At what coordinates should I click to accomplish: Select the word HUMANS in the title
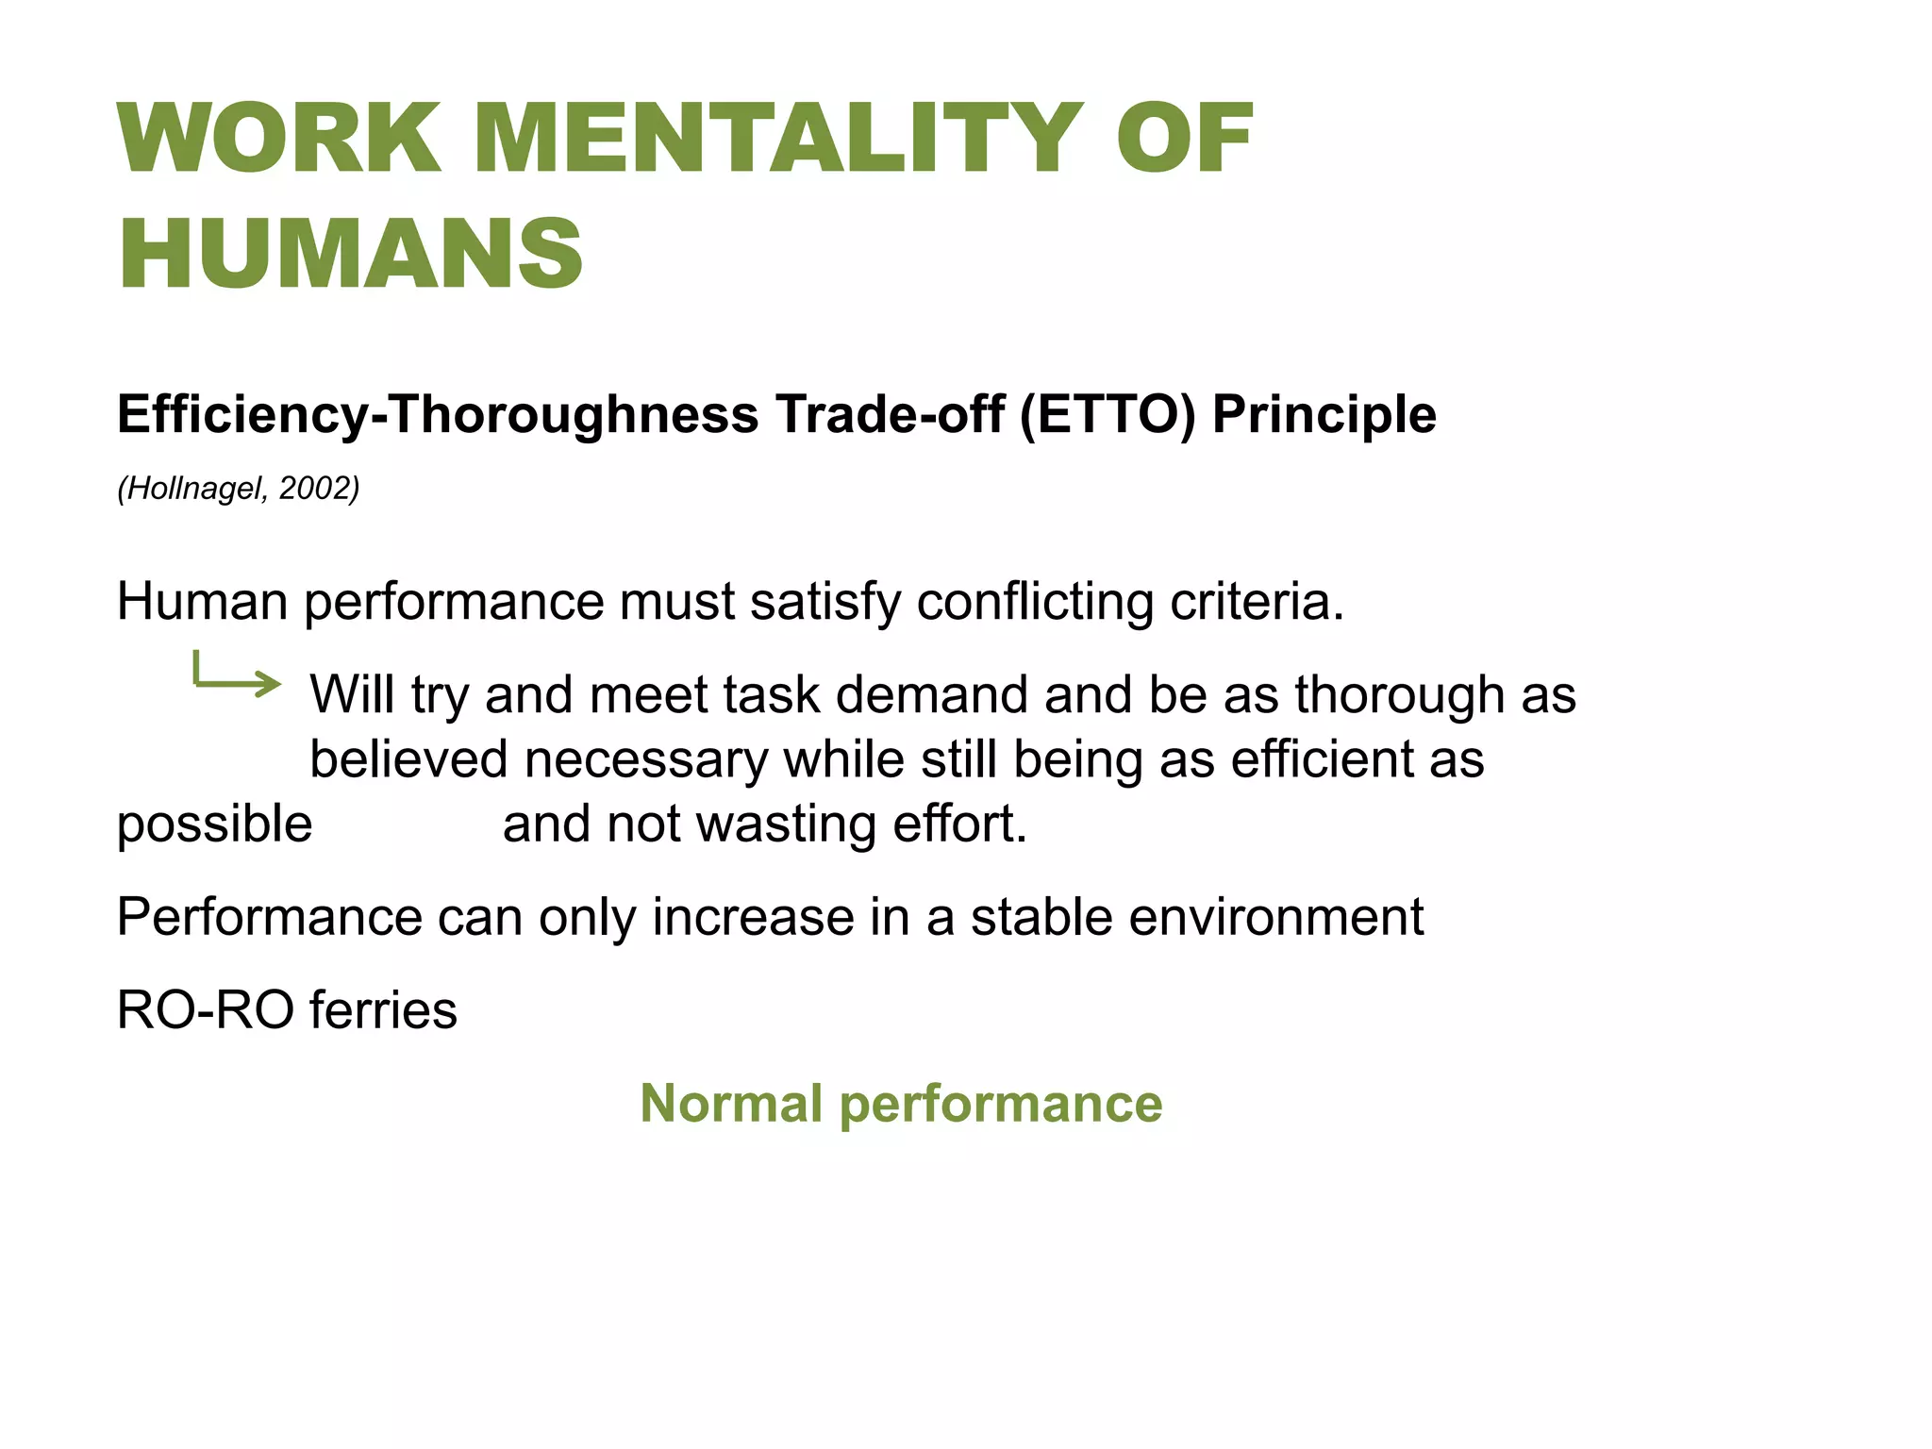click(351, 254)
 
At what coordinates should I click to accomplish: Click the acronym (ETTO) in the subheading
click(1108, 414)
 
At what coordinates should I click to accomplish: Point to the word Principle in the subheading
click(1324, 414)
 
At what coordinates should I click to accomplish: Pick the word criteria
click(1257, 601)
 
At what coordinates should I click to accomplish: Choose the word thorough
click(1399, 694)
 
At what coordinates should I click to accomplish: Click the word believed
click(408, 759)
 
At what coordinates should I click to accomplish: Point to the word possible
click(214, 824)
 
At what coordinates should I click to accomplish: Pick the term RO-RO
click(206, 1010)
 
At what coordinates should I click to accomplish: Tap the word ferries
click(383, 1010)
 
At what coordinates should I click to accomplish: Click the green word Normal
click(731, 1103)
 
